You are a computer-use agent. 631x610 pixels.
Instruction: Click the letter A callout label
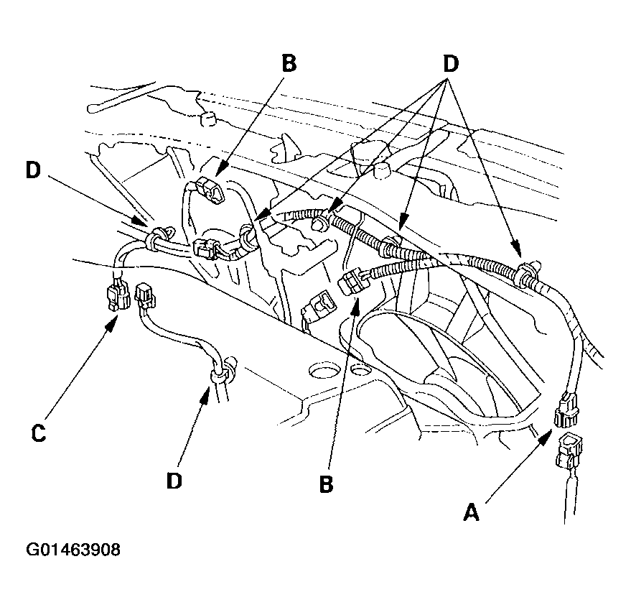pos(471,512)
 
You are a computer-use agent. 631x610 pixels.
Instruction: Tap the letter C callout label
pos(39,433)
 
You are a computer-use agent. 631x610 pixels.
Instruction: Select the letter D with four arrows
pos(450,64)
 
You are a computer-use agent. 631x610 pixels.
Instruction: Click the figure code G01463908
pos(73,550)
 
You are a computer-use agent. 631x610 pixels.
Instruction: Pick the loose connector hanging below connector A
pos(569,450)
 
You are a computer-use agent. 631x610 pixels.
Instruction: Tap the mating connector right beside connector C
pos(146,296)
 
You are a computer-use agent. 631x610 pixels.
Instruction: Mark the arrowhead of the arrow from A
pos(546,436)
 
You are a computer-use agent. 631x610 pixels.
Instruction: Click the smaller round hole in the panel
pos(360,367)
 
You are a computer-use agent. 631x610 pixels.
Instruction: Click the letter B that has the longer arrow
pos(327,484)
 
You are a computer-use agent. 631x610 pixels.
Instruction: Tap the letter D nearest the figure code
pos(174,480)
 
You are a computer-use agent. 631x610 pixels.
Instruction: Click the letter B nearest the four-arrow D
pos(289,64)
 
